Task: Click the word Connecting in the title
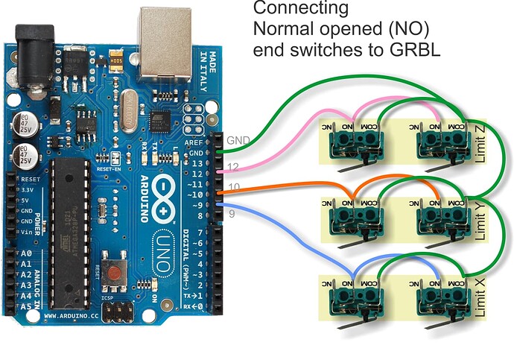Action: pyautogui.click(x=300, y=10)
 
